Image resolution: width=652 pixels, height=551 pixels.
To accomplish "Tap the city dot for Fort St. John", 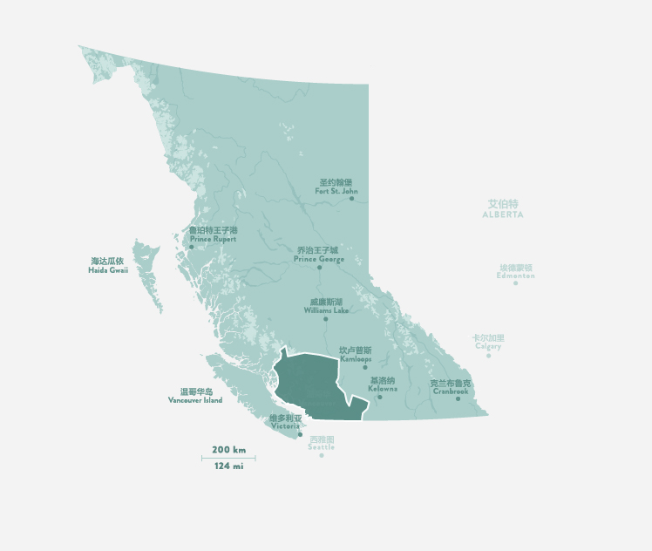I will (x=352, y=199).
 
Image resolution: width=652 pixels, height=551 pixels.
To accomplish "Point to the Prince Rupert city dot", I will (x=192, y=248).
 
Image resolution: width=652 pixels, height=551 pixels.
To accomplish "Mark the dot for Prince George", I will (x=320, y=268).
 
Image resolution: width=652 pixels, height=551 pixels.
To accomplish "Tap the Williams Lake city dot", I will (x=326, y=319).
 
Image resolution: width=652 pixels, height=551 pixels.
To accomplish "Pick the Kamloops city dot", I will (x=365, y=367).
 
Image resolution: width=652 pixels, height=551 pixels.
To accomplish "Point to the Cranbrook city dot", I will (x=458, y=398).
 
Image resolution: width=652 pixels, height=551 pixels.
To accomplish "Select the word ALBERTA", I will (x=503, y=214).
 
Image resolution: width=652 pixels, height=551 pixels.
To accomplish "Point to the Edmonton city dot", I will (x=516, y=282).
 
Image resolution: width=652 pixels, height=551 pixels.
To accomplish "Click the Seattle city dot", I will (x=321, y=455).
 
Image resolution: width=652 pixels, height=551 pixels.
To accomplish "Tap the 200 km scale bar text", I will (x=228, y=450).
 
